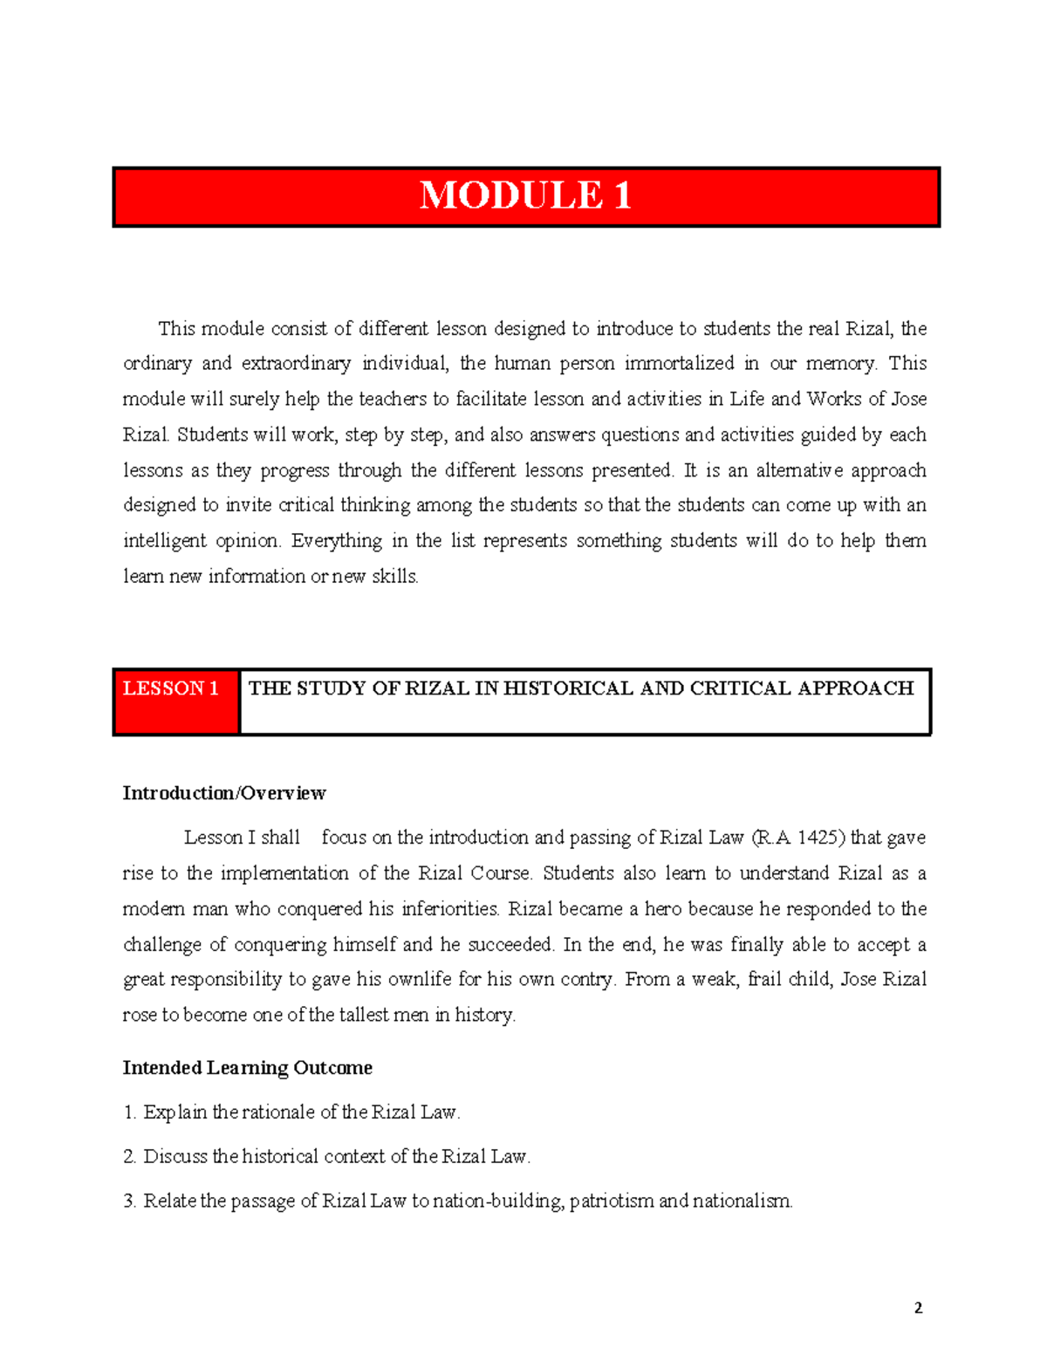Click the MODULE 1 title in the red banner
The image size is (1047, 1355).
[525, 195]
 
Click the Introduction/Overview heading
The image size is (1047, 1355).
[224, 793]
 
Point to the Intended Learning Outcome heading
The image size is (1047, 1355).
[247, 1068]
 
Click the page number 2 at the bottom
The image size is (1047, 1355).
[918, 1308]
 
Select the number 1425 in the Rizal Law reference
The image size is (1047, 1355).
[818, 838]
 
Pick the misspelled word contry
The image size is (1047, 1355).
[586, 980]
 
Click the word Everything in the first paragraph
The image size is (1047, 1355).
[336, 541]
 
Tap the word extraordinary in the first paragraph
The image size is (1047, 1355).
[296, 364]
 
